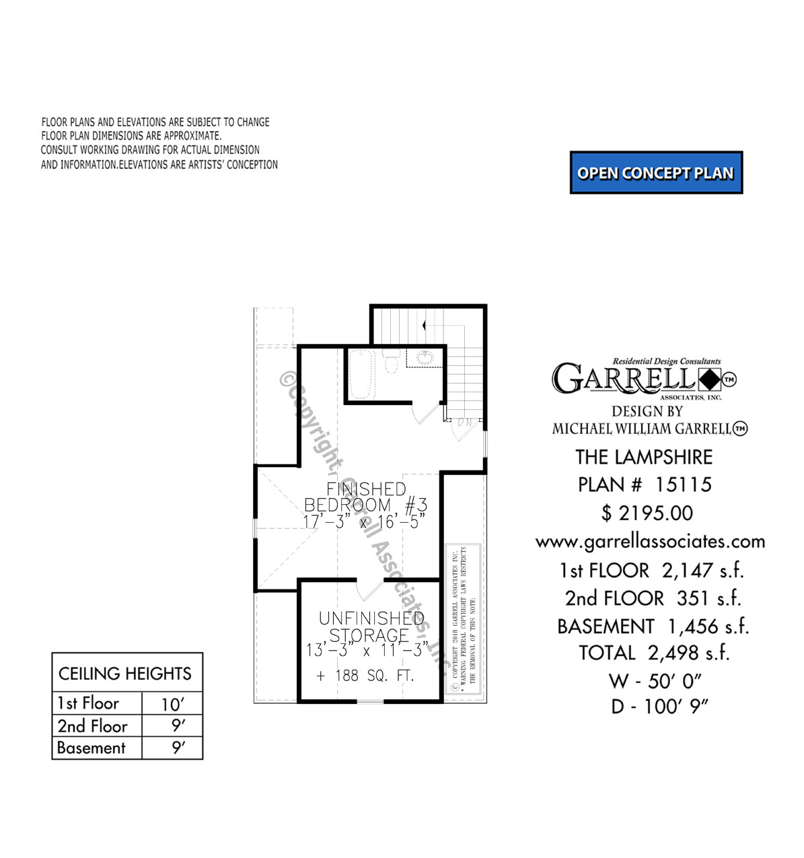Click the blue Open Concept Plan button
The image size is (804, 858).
tap(656, 173)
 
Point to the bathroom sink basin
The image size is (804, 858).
tap(425, 357)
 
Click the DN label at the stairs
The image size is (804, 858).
tap(465, 423)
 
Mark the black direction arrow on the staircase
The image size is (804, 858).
tap(424, 325)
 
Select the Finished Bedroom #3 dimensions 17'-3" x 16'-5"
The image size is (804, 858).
tap(364, 522)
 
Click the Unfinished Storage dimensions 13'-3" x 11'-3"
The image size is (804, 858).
tap(367, 651)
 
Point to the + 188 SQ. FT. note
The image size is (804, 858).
tap(365, 676)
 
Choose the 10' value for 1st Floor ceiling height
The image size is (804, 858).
tap(172, 704)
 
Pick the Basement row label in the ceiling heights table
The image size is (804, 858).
tap(92, 748)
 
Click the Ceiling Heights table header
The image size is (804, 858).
tap(125, 674)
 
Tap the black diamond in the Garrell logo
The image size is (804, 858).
tap(708, 380)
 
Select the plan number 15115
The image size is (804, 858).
tap(683, 485)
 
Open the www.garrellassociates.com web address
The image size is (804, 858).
tap(650, 542)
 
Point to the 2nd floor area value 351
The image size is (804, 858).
tap(693, 598)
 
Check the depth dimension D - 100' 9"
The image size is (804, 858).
tap(659, 707)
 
